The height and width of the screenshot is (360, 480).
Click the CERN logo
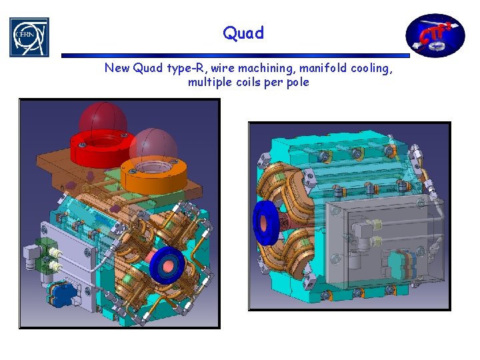pos(29,37)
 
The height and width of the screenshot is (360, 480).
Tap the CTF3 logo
pos(435,35)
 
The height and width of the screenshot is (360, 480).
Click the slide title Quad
pos(243,33)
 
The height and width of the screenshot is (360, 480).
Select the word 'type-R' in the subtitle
pos(185,68)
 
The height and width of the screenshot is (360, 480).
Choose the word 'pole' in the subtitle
pos(298,83)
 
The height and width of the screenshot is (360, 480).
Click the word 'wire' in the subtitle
pos(223,68)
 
